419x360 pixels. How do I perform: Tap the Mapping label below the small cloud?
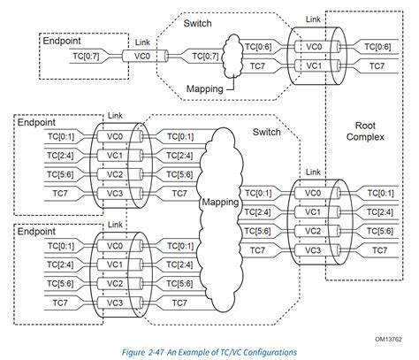[x=206, y=89]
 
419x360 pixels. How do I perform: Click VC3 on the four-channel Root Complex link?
[x=313, y=250]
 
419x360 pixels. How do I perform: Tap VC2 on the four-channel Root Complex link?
[x=313, y=231]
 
